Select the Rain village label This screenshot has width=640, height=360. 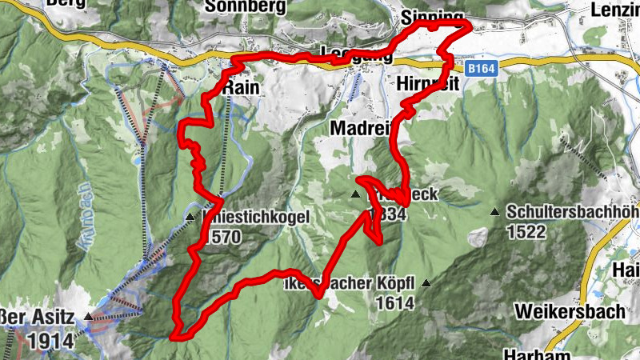tap(241, 86)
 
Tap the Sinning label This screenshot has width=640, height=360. tap(433, 17)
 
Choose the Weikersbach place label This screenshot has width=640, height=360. tap(570, 311)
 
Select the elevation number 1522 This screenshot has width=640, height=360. tap(526, 232)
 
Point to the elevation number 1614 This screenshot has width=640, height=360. tap(397, 303)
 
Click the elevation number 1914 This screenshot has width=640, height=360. tap(50, 341)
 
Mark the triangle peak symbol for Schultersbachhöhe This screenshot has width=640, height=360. tap(495, 212)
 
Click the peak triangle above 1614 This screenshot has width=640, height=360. tap(426, 283)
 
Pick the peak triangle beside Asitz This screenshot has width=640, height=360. tap(88, 317)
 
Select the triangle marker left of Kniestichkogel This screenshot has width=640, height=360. tap(190, 217)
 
